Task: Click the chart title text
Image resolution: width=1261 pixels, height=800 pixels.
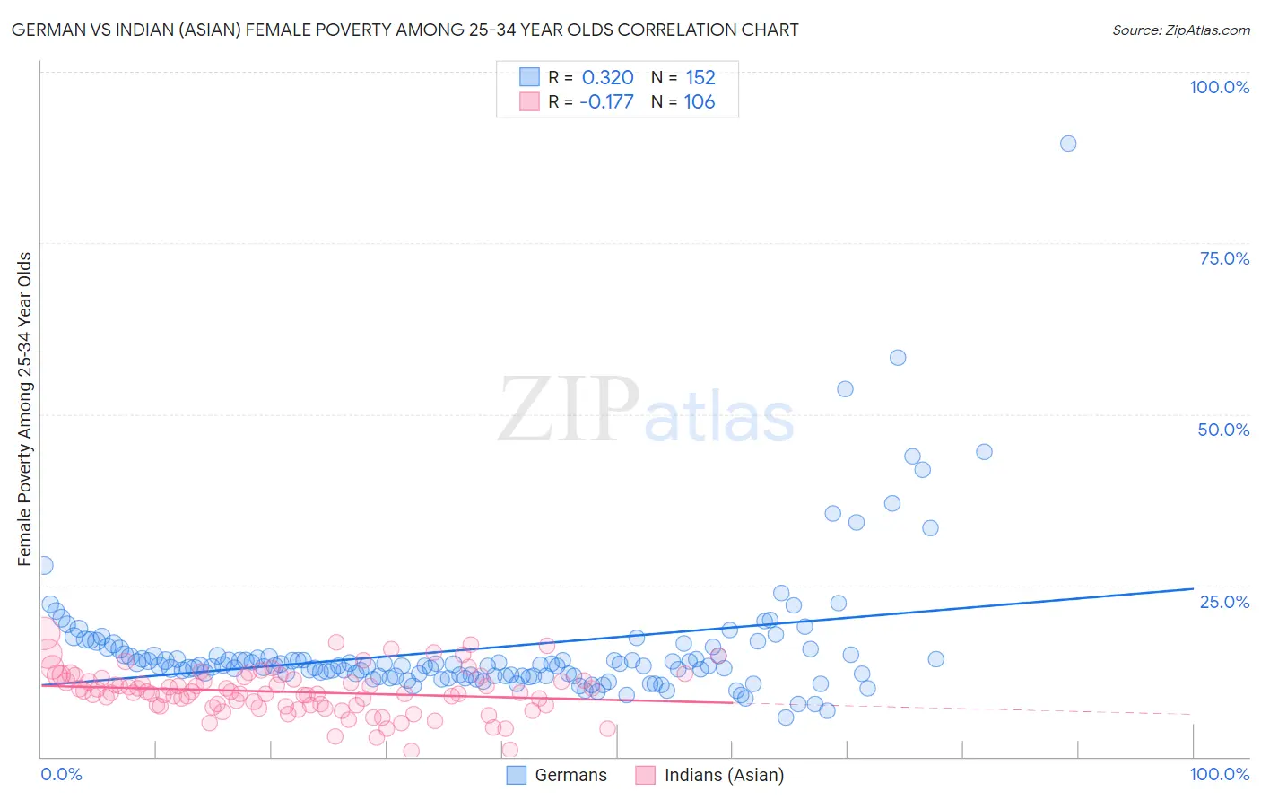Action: tap(404, 30)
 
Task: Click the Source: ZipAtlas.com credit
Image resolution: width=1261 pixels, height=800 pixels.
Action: tap(1180, 30)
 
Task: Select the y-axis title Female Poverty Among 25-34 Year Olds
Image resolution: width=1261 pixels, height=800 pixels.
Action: tap(24, 409)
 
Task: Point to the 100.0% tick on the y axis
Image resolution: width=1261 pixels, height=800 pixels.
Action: tap(1219, 87)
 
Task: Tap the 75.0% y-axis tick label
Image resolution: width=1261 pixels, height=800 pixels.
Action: tap(1224, 258)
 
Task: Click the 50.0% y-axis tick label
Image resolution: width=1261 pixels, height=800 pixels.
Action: tap(1223, 430)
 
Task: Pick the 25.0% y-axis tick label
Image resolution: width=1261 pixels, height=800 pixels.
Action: tap(1224, 601)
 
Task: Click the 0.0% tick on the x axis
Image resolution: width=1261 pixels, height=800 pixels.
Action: tap(61, 774)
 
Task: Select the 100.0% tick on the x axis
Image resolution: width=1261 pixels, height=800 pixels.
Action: tap(1219, 774)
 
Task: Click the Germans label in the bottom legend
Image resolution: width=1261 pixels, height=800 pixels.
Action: tap(570, 775)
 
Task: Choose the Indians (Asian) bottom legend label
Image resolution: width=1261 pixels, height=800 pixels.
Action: tap(724, 775)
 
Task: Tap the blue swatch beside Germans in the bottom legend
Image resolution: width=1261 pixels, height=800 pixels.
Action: tap(516, 775)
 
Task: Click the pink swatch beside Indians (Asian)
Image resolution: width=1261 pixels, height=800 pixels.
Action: tap(645, 775)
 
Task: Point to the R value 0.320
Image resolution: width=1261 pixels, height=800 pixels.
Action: tap(607, 78)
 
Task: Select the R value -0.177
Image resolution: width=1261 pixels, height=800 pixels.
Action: tap(606, 101)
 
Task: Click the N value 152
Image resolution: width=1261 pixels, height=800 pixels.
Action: tap(700, 78)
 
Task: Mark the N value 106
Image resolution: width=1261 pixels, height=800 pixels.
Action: tap(700, 101)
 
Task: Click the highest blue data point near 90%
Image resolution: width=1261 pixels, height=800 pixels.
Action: tap(1067, 143)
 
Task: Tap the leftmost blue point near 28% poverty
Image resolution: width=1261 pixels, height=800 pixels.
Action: tap(44, 565)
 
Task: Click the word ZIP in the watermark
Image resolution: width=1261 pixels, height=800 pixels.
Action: tap(568, 410)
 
